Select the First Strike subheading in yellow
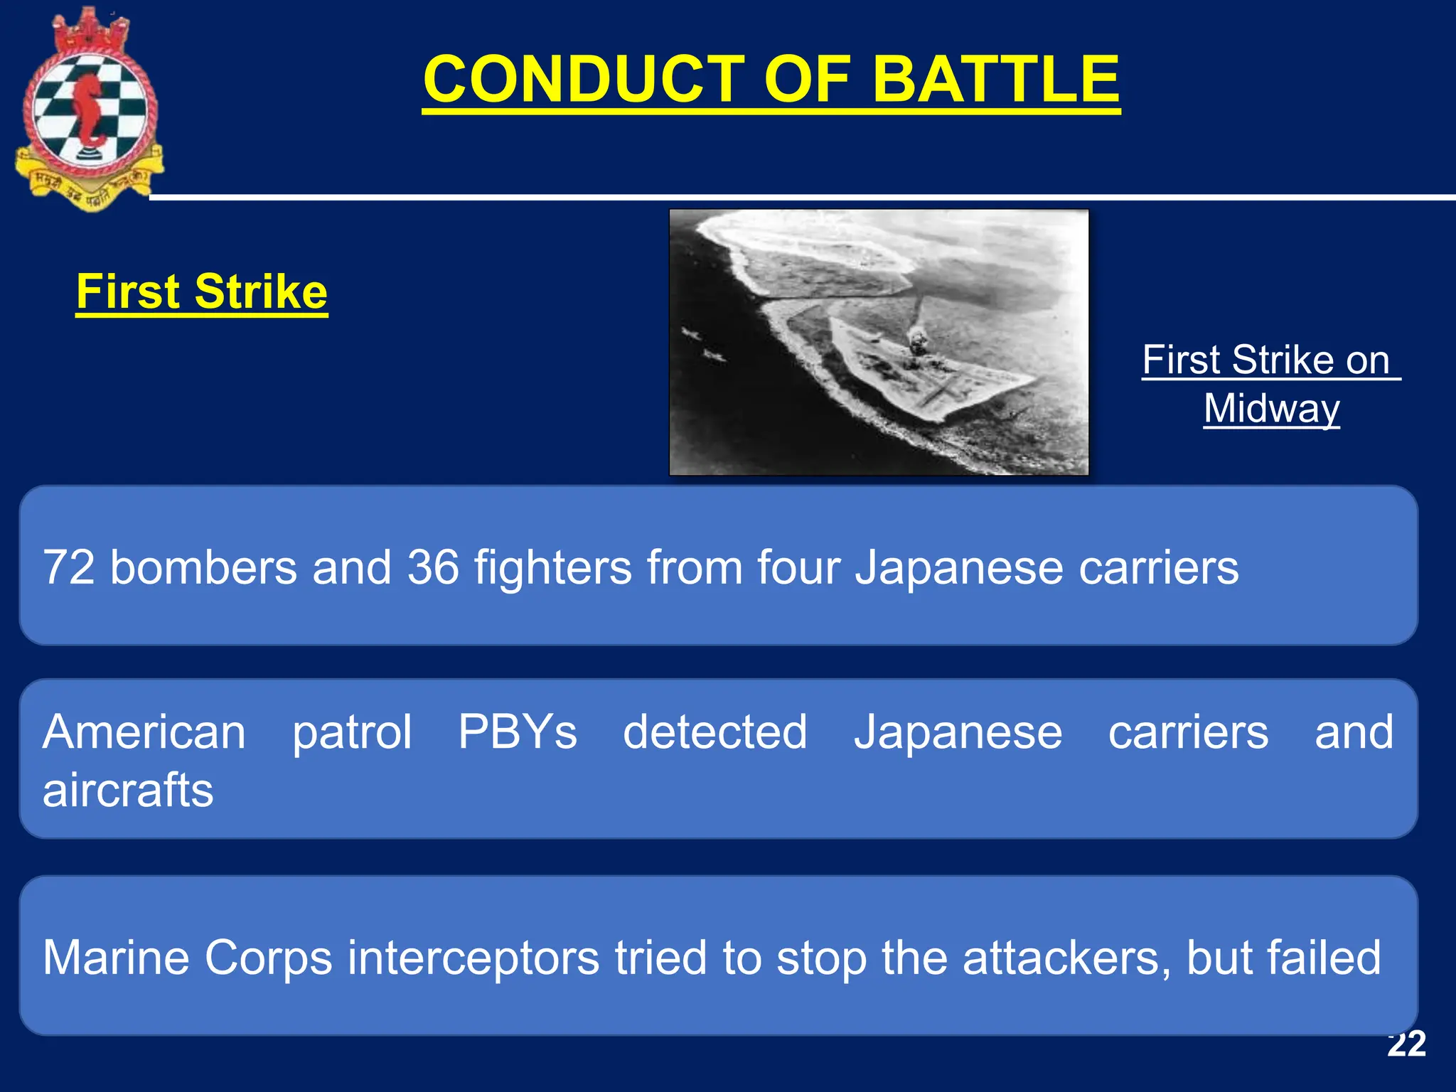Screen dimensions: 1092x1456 point(202,291)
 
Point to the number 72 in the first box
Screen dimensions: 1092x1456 point(69,567)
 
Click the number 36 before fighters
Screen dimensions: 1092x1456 point(432,567)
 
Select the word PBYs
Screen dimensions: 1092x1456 point(517,732)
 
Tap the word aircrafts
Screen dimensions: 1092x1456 point(128,790)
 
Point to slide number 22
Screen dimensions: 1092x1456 point(1406,1044)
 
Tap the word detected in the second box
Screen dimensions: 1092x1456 point(714,732)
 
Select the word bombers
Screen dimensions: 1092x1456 point(203,567)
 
